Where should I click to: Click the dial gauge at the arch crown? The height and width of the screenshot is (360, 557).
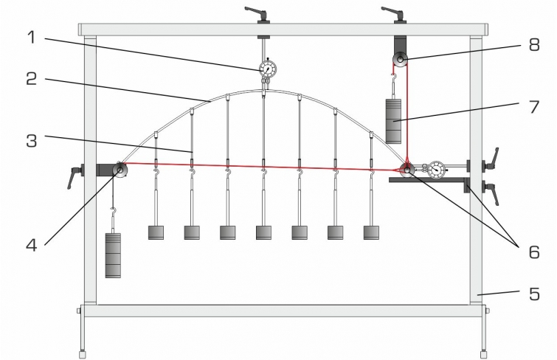[267, 69]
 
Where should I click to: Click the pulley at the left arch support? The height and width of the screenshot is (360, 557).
[118, 170]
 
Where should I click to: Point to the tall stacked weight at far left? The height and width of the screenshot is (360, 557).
[113, 255]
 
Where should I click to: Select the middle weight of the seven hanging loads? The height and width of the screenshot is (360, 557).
[263, 232]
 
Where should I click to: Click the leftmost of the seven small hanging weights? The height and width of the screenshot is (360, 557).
[156, 232]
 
